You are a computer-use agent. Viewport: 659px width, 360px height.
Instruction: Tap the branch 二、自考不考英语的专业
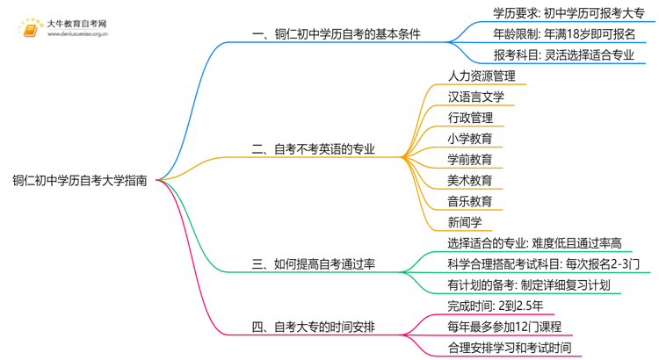313,149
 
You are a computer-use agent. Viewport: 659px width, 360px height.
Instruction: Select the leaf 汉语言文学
475,97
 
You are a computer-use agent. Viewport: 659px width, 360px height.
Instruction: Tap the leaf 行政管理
470,118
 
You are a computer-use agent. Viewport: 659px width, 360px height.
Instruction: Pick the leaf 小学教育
470,139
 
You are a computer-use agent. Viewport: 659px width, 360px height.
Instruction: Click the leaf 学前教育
470,160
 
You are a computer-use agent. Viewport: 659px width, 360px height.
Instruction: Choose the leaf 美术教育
470,181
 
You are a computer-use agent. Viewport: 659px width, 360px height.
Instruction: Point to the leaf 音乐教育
470,202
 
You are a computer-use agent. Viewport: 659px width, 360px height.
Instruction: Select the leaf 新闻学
465,223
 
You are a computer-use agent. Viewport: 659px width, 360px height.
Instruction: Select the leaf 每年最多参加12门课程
504,328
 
